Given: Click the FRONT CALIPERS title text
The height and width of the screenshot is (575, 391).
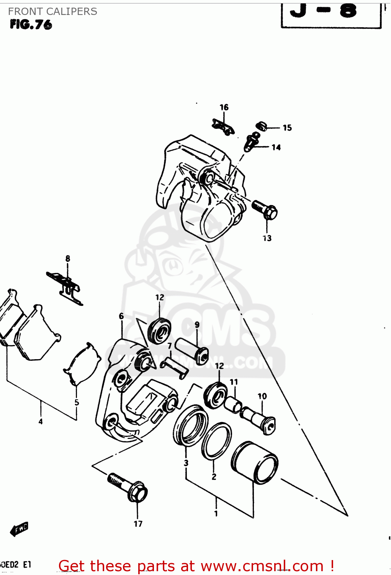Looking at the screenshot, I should point(52,11).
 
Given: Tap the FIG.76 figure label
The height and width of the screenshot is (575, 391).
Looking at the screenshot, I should point(31,25).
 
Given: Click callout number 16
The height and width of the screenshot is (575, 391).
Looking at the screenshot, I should point(224,107).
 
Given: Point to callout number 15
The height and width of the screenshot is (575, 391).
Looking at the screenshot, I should point(287,128).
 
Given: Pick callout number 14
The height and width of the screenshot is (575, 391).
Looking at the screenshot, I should point(276,147).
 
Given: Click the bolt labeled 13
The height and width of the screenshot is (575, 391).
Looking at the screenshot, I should point(265,210).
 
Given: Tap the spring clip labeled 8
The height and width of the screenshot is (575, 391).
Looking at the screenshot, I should point(65,286).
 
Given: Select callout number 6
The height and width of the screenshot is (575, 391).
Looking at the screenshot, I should point(121,316).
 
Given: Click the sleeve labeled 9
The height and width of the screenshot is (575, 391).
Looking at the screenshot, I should point(191,349).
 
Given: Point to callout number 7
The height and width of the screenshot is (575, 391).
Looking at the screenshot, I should point(170,346).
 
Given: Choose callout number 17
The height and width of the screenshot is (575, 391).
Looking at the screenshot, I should point(138,524).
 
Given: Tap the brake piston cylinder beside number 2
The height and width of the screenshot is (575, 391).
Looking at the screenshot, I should point(255,462).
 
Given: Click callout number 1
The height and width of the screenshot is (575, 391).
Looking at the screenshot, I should point(216,513).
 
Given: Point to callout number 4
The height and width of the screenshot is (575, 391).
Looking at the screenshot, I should point(41,422).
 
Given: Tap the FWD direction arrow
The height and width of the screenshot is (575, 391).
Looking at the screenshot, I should point(20,529).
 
